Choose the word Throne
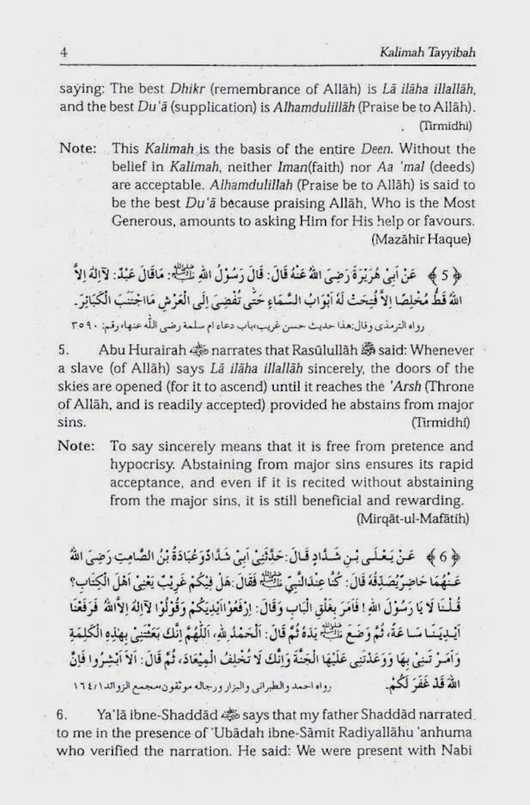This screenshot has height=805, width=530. [452, 387]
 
